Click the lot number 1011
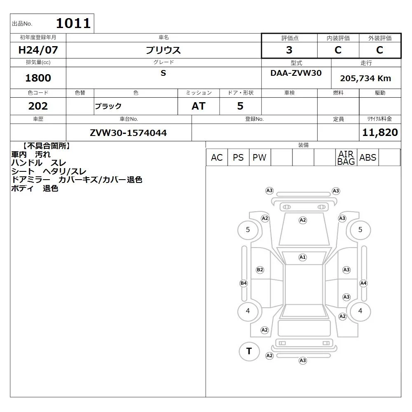coord(73,23)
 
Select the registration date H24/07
coord(38,50)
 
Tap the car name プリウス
coord(163,50)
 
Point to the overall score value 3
coord(289,50)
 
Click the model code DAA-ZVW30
coord(296,73)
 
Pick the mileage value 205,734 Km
coord(365,78)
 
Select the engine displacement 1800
coord(38,78)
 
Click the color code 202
coord(38,106)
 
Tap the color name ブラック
coord(108,106)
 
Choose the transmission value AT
coord(199,106)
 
